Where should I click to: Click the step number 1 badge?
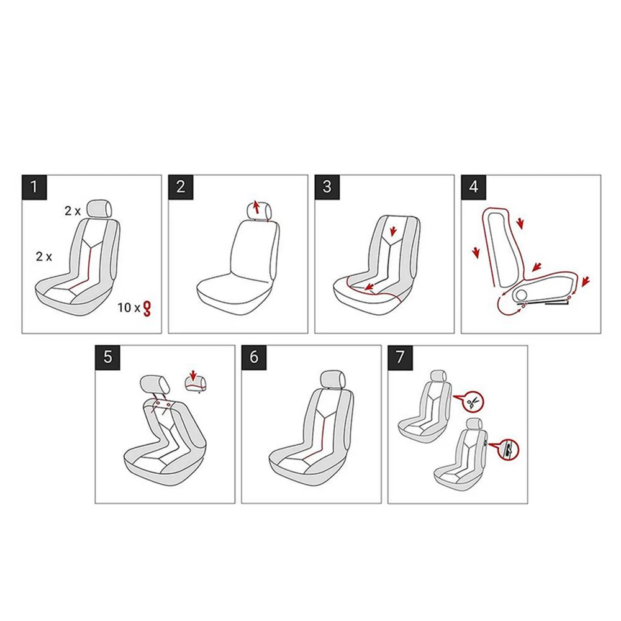(x=34, y=187)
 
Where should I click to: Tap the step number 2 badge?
(x=181, y=187)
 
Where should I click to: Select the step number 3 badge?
(x=327, y=187)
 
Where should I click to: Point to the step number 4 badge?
(x=474, y=187)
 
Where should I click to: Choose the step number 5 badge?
(x=107, y=357)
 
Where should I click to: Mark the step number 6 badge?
(x=254, y=357)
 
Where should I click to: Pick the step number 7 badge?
(x=401, y=357)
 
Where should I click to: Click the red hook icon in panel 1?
(x=148, y=309)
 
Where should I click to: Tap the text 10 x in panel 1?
(x=129, y=308)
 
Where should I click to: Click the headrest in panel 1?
(x=101, y=208)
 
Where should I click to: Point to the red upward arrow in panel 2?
(x=256, y=207)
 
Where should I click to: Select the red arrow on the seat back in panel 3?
(x=393, y=230)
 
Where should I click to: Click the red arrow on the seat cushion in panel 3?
(x=370, y=286)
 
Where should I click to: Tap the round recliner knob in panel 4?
(x=521, y=294)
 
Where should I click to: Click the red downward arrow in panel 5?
(x=193, y=375)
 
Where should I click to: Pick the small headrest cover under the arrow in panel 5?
(x=196, y=384)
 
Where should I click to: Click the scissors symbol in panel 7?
(x=473, y=403)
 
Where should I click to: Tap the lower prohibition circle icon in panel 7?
(x=508, y=449)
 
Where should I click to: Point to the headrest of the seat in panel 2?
(x=259, y=210)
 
